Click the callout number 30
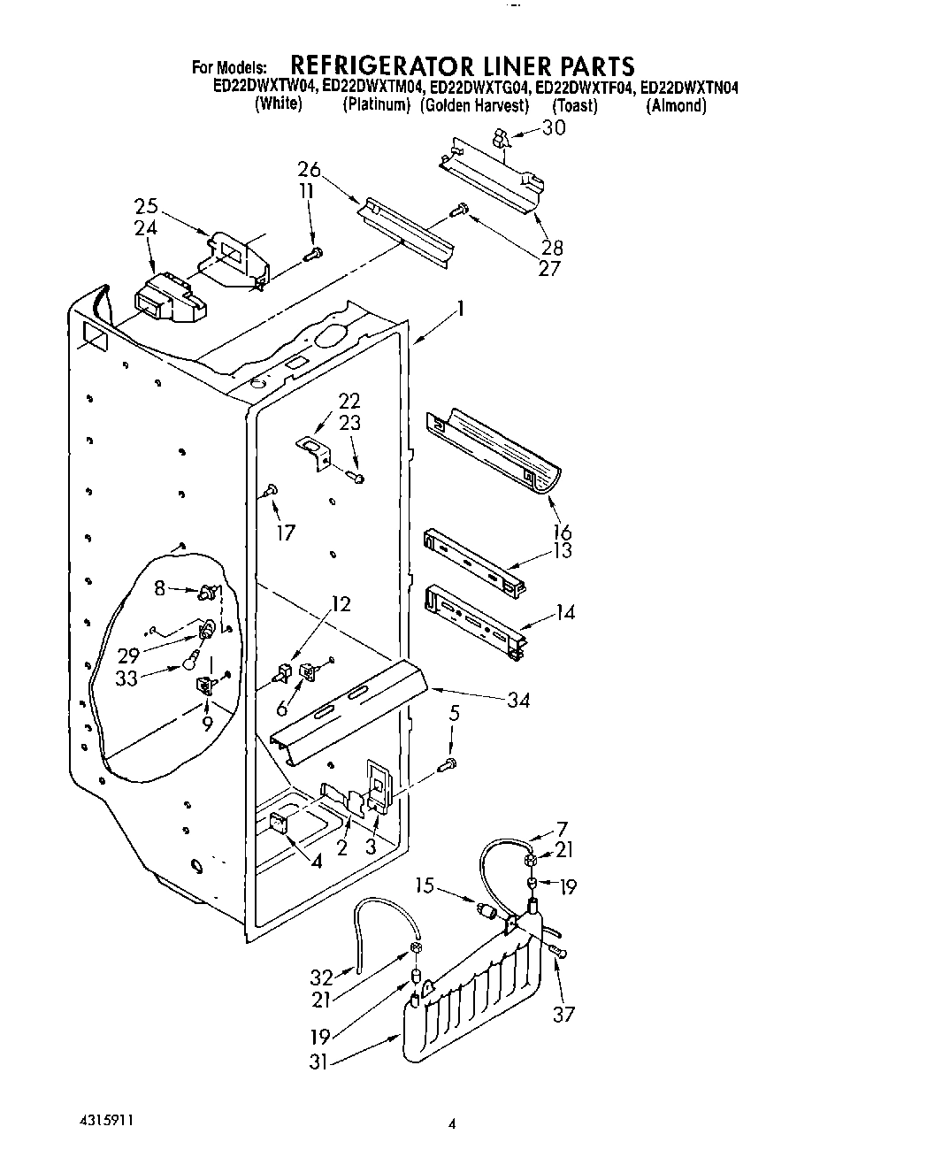(x=554, y=127)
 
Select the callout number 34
(x=518, y=700)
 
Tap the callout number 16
(x=562, y=532)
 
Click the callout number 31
(x=318, y=1062)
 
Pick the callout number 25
(x=146, y=207)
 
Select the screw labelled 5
(x=451, y=763)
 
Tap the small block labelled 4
(x=278, y=825)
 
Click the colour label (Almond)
(x=677, y=105)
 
